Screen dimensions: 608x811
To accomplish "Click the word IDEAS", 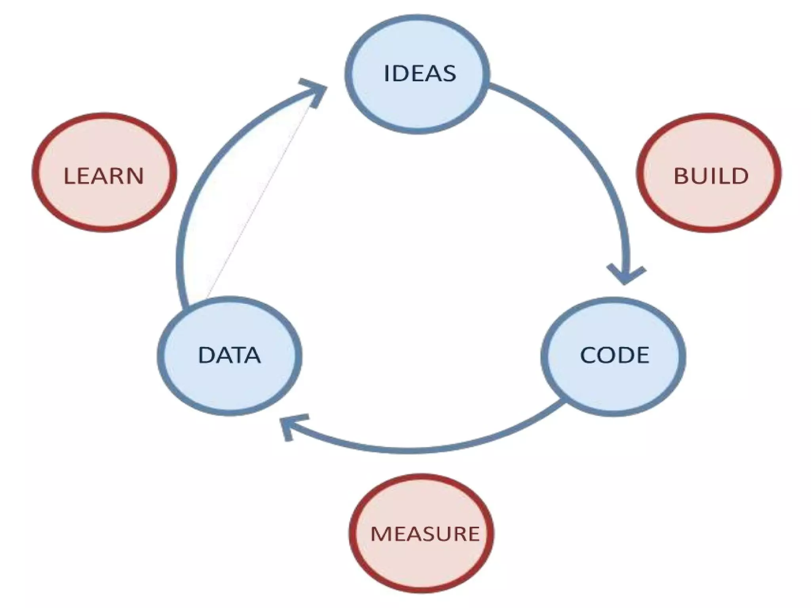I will pyautogui.click(x=420, y=74).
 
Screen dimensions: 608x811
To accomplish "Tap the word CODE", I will pyautogui.click(x=614, y=355).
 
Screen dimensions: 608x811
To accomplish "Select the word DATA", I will pyautogui.click(x=229, y=355).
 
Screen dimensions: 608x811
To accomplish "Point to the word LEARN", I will pyautogui.click(x=104, y=176).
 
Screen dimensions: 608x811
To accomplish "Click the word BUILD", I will pyautogui.click(x=711, y=176).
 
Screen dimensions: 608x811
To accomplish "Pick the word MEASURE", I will pyautogui.click(x=425, y=534).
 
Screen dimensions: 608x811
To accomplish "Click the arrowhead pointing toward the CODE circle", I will pyautogui.click(x=625, y=275).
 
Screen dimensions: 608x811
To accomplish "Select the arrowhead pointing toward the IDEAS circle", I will pyautogui.click(x=315, y=91).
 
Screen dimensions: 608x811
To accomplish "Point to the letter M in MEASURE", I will pyautogui.click(x=381, y=534).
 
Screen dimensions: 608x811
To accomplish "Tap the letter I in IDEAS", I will pyautogui.click(x=387, y=74).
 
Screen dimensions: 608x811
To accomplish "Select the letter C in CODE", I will pyautogui.click(x=589, y=355).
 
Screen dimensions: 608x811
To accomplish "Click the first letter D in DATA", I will pyautogui.click(x=206, y=355).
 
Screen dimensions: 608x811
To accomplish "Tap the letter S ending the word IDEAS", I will pyautogui.click(x=449, y=74).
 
